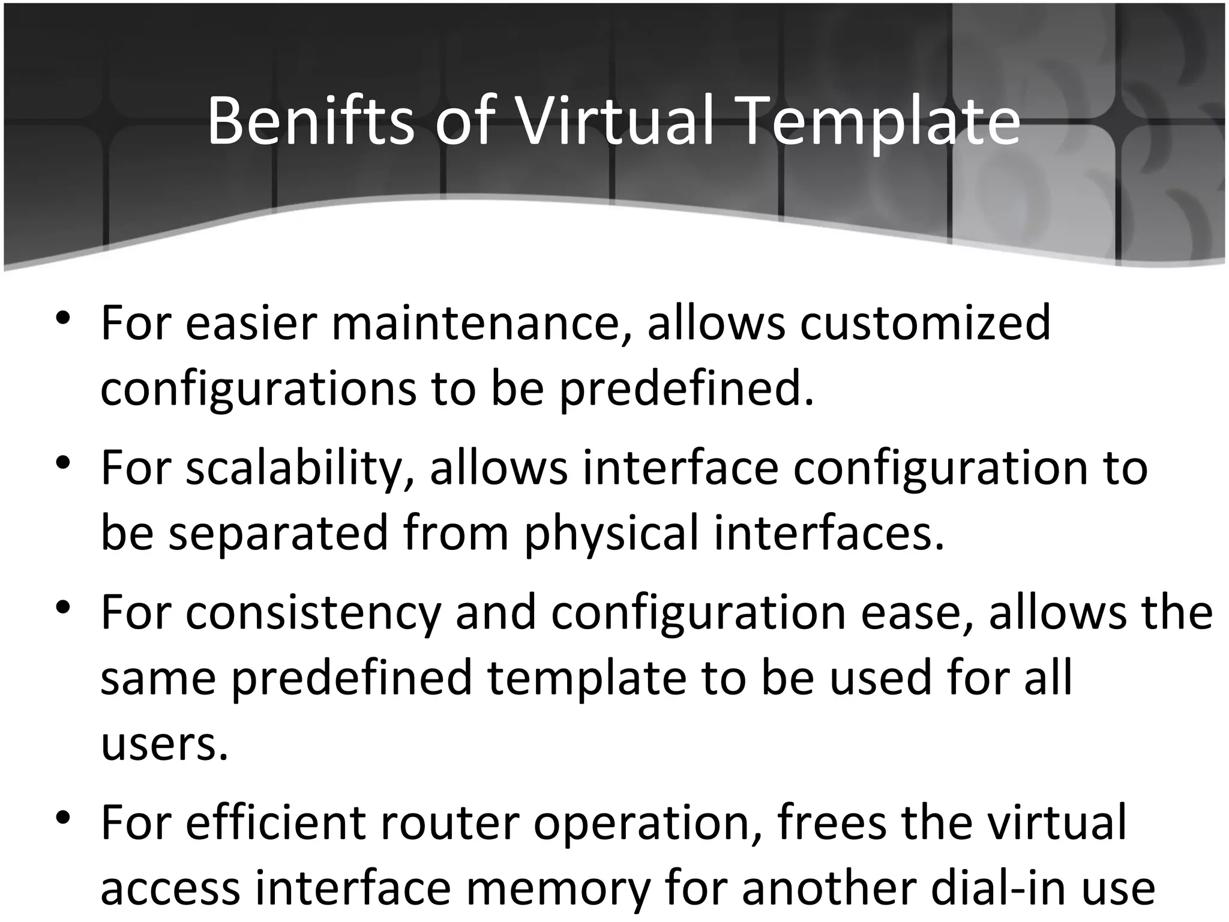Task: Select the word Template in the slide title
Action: click(880, 122)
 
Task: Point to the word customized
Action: click(925, 324)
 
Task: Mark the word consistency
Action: click(313, 614)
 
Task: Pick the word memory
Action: click(559, 888)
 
